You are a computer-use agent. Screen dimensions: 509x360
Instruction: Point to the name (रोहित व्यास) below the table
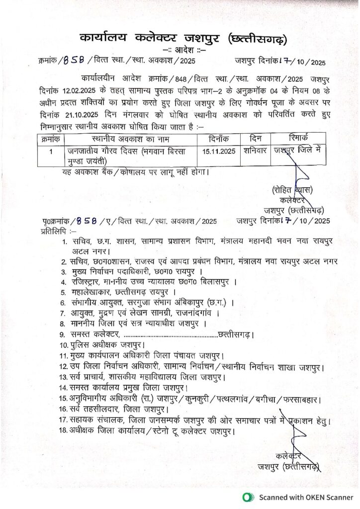(x=293, y=189)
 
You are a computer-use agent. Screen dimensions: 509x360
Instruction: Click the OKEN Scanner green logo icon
(x=247, y=497)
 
